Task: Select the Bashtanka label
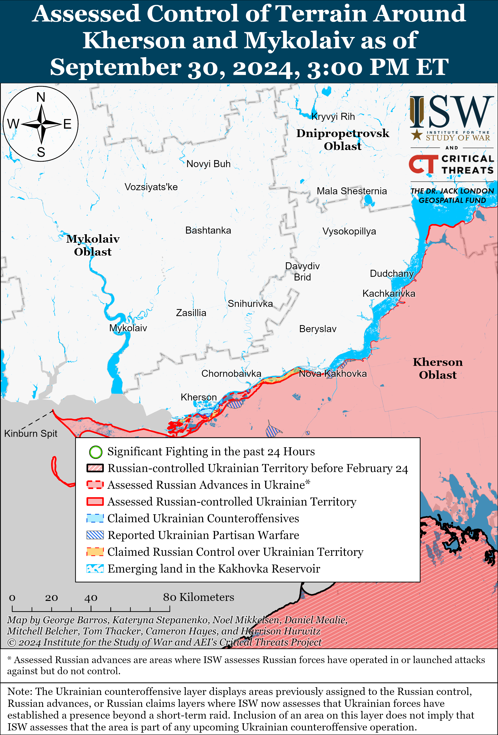coord(208,230)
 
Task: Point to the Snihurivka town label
coord(250,304)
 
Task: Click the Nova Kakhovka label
coord(333,374)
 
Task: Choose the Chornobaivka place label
coord(231,374)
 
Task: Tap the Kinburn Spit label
coord(31,433)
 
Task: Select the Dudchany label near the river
coord(392,273)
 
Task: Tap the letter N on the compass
coord(41,97)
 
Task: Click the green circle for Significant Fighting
coord(95,452)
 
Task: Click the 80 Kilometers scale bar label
coord(198,597)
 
